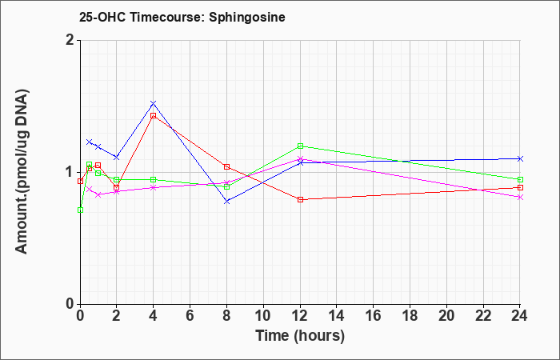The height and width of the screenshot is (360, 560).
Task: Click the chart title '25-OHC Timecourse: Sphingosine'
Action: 182,18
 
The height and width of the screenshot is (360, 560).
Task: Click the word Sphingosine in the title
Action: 247,18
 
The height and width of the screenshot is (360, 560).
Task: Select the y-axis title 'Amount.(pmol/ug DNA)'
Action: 22,171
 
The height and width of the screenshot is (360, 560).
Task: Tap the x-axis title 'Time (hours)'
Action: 300,336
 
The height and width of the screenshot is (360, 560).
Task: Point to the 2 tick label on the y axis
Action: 70,40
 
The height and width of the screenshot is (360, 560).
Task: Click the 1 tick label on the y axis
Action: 70,172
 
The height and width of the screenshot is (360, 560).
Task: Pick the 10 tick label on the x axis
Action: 263,315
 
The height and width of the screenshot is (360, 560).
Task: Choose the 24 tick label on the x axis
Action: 520,315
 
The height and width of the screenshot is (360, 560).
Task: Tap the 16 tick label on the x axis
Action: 374,315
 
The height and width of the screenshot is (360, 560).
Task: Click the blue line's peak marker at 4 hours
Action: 154,103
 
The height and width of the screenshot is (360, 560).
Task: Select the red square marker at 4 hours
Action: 154,116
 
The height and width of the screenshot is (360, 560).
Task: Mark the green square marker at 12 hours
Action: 300,146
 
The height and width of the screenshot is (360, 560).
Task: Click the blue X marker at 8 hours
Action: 226,202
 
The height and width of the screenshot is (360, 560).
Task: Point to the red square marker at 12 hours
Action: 300,200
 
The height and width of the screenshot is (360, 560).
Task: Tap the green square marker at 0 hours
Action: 80,210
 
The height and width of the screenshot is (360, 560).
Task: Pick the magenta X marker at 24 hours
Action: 520,197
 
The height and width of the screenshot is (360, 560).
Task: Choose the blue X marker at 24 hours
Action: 520,158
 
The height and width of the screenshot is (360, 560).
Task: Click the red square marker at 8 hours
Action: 226,166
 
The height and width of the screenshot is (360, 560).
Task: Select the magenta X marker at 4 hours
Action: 154,187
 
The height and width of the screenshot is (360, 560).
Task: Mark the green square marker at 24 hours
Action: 520,180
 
